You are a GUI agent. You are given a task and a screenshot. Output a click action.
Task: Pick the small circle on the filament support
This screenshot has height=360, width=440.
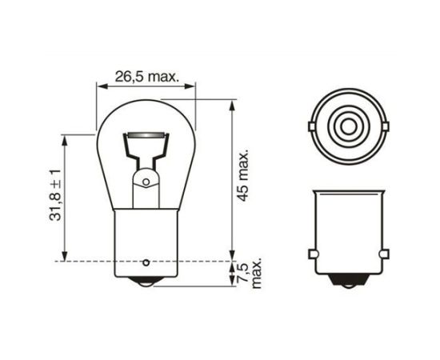[x=146, y=182]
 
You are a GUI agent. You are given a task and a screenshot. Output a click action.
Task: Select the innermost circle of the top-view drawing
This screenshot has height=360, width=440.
[x=350, y=125]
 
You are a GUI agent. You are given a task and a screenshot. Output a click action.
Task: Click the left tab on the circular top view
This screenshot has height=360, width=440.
[x=312, y=125]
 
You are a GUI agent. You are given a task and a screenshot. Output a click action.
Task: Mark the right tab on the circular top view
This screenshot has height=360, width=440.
[x=388, y=125]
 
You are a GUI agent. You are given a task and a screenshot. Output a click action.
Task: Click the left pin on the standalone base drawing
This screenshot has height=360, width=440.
[x=311, y=256]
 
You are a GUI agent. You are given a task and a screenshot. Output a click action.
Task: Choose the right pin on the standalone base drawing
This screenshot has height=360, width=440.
[x=388, y=256]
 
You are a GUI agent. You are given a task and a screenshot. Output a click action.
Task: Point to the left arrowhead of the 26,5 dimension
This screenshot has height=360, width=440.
[x=99, y=86]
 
